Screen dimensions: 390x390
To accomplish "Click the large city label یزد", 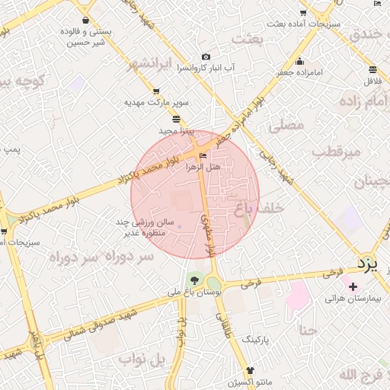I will pyautogui.click(x=368, y=264).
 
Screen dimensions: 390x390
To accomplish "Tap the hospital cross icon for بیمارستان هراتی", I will pyautogui.click(x=352, y=286).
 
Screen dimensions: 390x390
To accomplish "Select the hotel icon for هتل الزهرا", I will pyautogui.click(x=202, y=155).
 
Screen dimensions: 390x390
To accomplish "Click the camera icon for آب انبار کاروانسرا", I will pyautogui.click(x=205, y=57).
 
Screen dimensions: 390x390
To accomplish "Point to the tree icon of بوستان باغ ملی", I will pyautogui.click(x=196, y=280).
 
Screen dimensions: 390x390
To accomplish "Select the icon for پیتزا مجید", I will pyautogui.click(x=177, y=119).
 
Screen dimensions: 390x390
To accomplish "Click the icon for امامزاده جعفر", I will pyautogui.click(x=299, y=61).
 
